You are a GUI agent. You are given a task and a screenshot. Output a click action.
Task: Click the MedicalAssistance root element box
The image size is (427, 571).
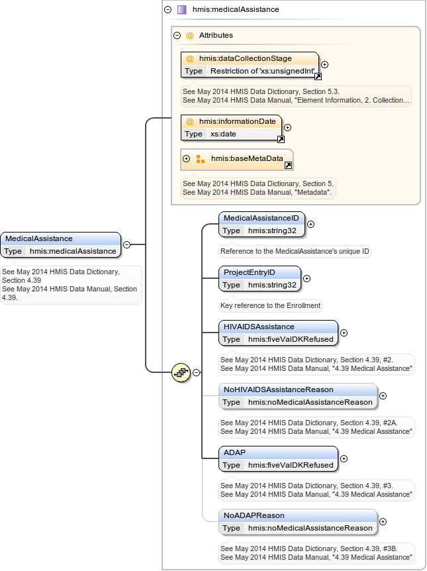[62, 244]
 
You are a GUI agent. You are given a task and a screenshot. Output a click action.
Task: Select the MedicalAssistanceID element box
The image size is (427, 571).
[261, 224]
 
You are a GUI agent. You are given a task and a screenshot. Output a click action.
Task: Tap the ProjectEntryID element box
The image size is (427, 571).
[260, 278]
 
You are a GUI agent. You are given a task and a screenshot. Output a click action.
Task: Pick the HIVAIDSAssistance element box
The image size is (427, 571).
[278, 333]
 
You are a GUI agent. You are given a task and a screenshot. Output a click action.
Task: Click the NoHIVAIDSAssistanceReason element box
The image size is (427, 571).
[298, 395]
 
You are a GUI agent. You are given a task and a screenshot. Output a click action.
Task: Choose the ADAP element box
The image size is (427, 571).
[278, 458]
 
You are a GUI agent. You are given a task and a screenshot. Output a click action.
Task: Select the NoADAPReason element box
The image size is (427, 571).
[298, 521]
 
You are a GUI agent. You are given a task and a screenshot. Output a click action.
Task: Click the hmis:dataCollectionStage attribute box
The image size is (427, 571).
[250, 64]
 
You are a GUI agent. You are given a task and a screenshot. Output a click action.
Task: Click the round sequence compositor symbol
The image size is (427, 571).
[181, 372]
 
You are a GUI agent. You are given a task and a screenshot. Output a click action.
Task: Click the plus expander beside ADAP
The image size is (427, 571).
[344, 458]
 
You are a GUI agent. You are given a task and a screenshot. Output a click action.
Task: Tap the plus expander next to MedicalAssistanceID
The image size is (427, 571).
[310, 224]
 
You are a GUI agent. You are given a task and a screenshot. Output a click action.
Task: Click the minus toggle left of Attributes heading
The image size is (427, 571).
[177, 36]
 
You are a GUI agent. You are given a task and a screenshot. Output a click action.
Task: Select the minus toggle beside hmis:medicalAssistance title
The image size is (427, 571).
[167, 10]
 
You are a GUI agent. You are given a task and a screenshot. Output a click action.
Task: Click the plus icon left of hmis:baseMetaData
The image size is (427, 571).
[186, 159]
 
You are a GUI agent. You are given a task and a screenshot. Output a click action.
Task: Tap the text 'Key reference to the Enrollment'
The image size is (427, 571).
[271, 305]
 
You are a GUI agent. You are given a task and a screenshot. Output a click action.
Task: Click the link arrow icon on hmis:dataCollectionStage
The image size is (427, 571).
[318, 77]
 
